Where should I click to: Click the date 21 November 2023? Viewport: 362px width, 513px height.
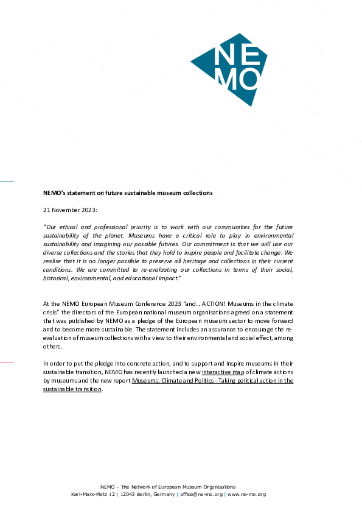click(69, 210)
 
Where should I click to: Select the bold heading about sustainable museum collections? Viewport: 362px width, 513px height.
click(128, 193)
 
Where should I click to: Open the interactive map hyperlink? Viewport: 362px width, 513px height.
click(223, 372)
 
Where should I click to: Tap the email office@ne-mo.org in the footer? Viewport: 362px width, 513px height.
click(201, 494)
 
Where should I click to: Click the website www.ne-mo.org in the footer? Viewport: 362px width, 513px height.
click(246, 494)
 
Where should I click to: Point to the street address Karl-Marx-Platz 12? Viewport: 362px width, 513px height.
click(93, 494)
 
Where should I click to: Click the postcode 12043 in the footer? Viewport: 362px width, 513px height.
click(127, 494)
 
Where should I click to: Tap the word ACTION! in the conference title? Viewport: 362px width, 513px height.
click(214, 304)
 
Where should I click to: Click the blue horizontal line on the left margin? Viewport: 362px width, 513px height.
click(7, 181)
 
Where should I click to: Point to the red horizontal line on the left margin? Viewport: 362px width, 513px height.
click(7, 363)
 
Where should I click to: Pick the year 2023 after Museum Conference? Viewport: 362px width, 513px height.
click(175, 304)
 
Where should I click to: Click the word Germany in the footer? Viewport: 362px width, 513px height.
click(164, 494)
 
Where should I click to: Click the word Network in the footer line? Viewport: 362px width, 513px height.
click(141, 487)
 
